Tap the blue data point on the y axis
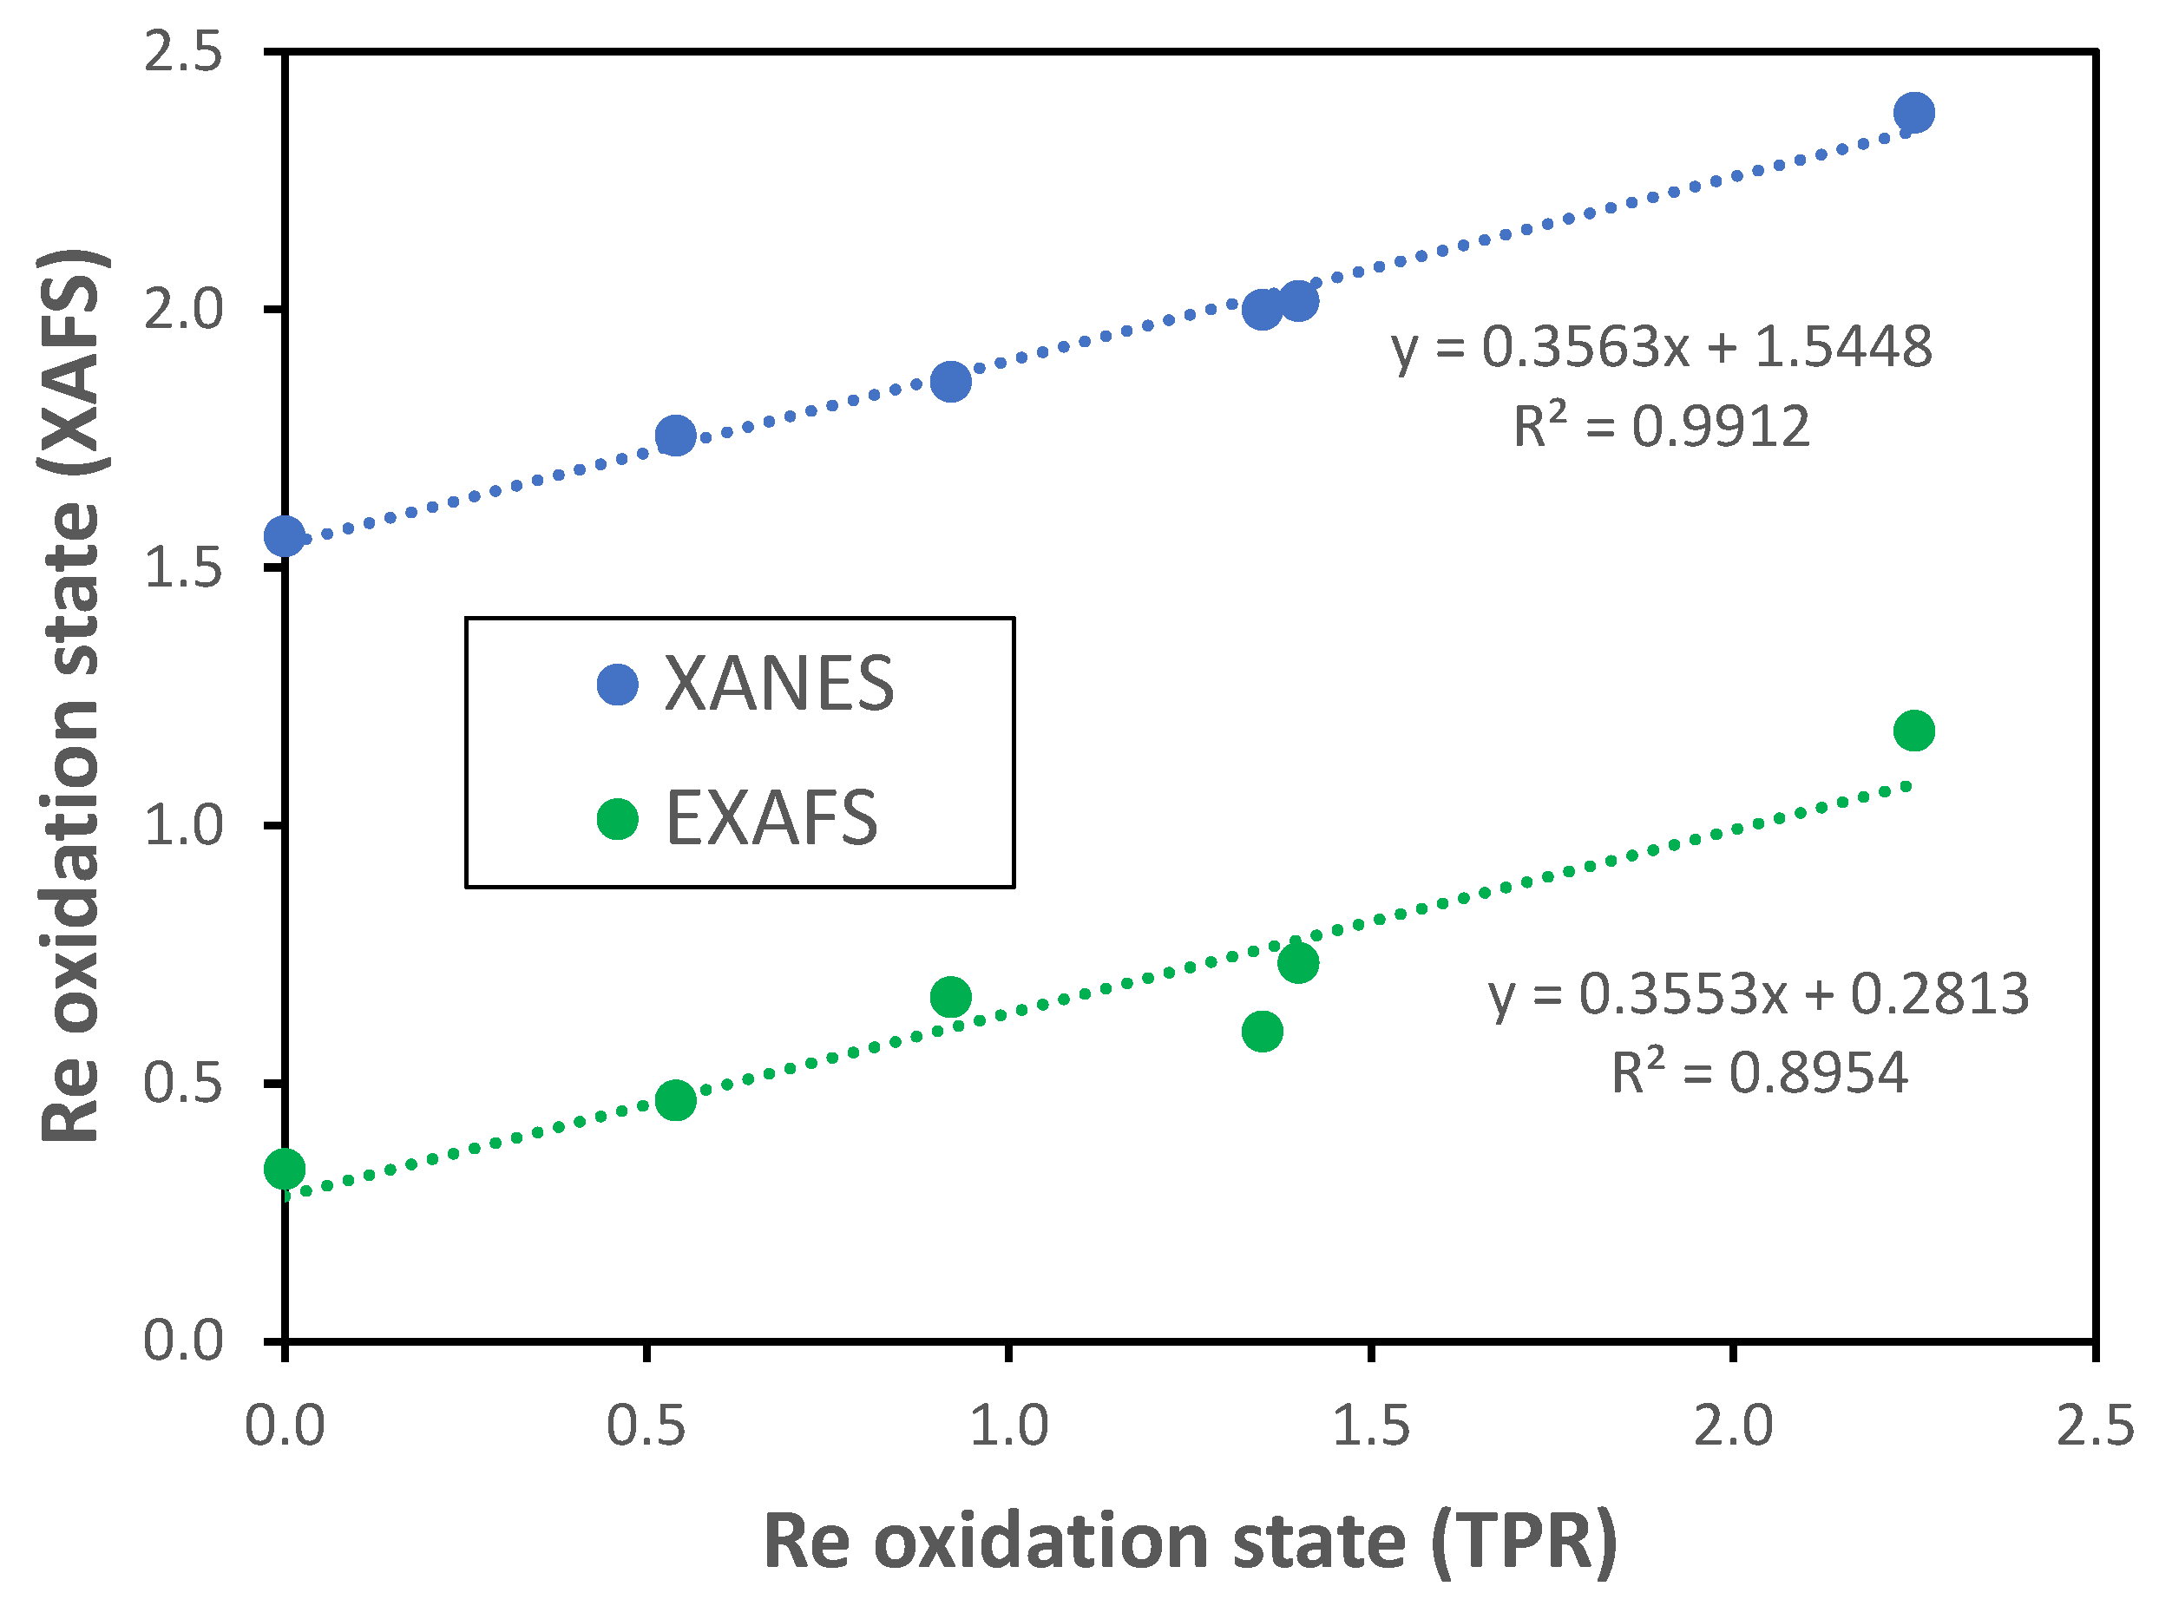point(285,535)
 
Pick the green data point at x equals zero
point(285,1169)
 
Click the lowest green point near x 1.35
point(1262,1031)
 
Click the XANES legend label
point(778,685)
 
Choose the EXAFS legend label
point(771,818)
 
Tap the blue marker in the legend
point(617,685)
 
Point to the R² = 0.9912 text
point(1661,426)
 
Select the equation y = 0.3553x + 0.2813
point(1758,993)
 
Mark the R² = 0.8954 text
point(1758,1073)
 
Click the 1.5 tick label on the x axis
point(1371,1427)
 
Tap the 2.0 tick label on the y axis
point(184,309)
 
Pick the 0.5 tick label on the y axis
point(184,1082)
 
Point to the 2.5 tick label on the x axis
point(2095,1427)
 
